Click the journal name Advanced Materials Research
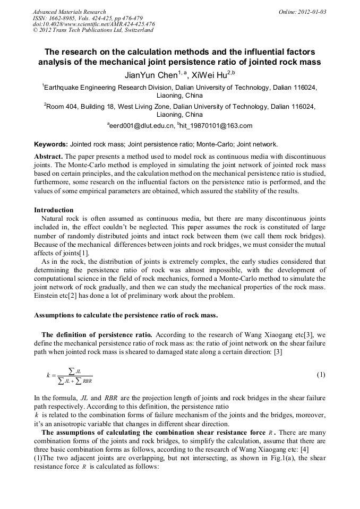(69, 12)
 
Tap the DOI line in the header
(93, 24)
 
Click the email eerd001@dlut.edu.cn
(142, 126)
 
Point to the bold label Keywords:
(51, 144)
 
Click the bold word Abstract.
(49, 157)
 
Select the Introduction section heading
(54, 210)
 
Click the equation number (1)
(321, 375)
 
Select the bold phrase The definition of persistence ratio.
(97, 334)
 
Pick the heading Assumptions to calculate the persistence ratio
(126, 315)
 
